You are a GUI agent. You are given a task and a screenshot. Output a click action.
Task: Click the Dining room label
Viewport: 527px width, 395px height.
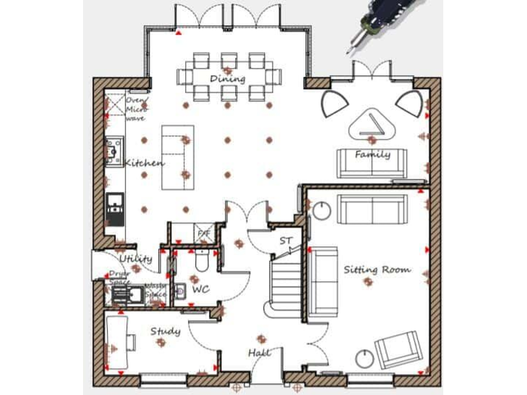click(227, 79)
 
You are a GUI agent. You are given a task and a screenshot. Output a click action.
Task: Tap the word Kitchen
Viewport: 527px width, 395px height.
click(144, 163)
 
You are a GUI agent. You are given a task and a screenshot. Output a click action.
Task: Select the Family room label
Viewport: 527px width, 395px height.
click(373, 154)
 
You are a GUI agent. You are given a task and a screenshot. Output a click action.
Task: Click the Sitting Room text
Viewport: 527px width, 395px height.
click(377, 270)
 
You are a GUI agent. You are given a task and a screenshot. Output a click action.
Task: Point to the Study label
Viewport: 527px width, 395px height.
click(165, 332)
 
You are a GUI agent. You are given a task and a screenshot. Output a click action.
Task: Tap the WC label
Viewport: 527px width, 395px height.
click(200, 290)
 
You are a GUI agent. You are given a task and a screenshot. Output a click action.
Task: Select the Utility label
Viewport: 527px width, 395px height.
click(135, 259)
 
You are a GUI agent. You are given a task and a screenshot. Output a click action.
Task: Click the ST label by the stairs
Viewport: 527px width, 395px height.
click(285, 241)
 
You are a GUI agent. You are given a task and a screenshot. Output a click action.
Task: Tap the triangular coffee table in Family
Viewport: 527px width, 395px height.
click(372, 125)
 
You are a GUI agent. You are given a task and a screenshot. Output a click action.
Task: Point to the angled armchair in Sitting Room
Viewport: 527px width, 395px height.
click(397, 349)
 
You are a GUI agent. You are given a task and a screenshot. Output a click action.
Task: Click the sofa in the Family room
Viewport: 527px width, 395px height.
click(371, 163)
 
